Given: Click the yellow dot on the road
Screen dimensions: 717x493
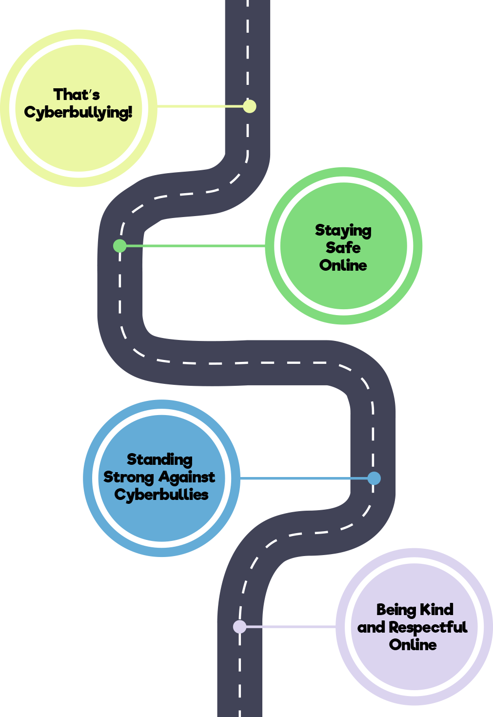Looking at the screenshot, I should click(250, 106).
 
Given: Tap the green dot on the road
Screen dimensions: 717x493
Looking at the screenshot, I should click(119, 246).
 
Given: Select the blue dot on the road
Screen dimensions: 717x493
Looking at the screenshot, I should click(374, 478).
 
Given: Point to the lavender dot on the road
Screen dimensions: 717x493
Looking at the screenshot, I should click(239, 626).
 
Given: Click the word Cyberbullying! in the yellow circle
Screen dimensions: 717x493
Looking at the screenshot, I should click(78, 112).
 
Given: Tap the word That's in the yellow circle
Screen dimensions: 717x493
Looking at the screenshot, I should click(77, 94).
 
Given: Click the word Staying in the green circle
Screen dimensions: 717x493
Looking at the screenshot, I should click(343, 230).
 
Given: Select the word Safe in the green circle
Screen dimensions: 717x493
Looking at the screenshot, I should click(343, 248).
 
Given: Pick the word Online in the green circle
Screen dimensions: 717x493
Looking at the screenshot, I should click(343, 265).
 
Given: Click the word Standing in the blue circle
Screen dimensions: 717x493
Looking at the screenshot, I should click(160, 459).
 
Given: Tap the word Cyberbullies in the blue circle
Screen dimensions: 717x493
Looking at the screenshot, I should click(161, 495).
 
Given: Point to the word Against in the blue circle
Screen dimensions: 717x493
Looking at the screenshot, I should click(187, 477).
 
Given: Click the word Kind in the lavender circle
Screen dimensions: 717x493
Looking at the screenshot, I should click(437, 610).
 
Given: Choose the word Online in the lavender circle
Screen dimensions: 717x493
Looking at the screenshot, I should click(413, 645).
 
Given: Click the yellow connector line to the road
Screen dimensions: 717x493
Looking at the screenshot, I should click(200, 106).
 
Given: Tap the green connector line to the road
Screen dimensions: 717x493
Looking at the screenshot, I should click(195, 246).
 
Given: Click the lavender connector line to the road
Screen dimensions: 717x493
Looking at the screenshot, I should click(291, 626).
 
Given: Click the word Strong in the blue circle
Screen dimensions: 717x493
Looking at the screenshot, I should click(128, 477).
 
